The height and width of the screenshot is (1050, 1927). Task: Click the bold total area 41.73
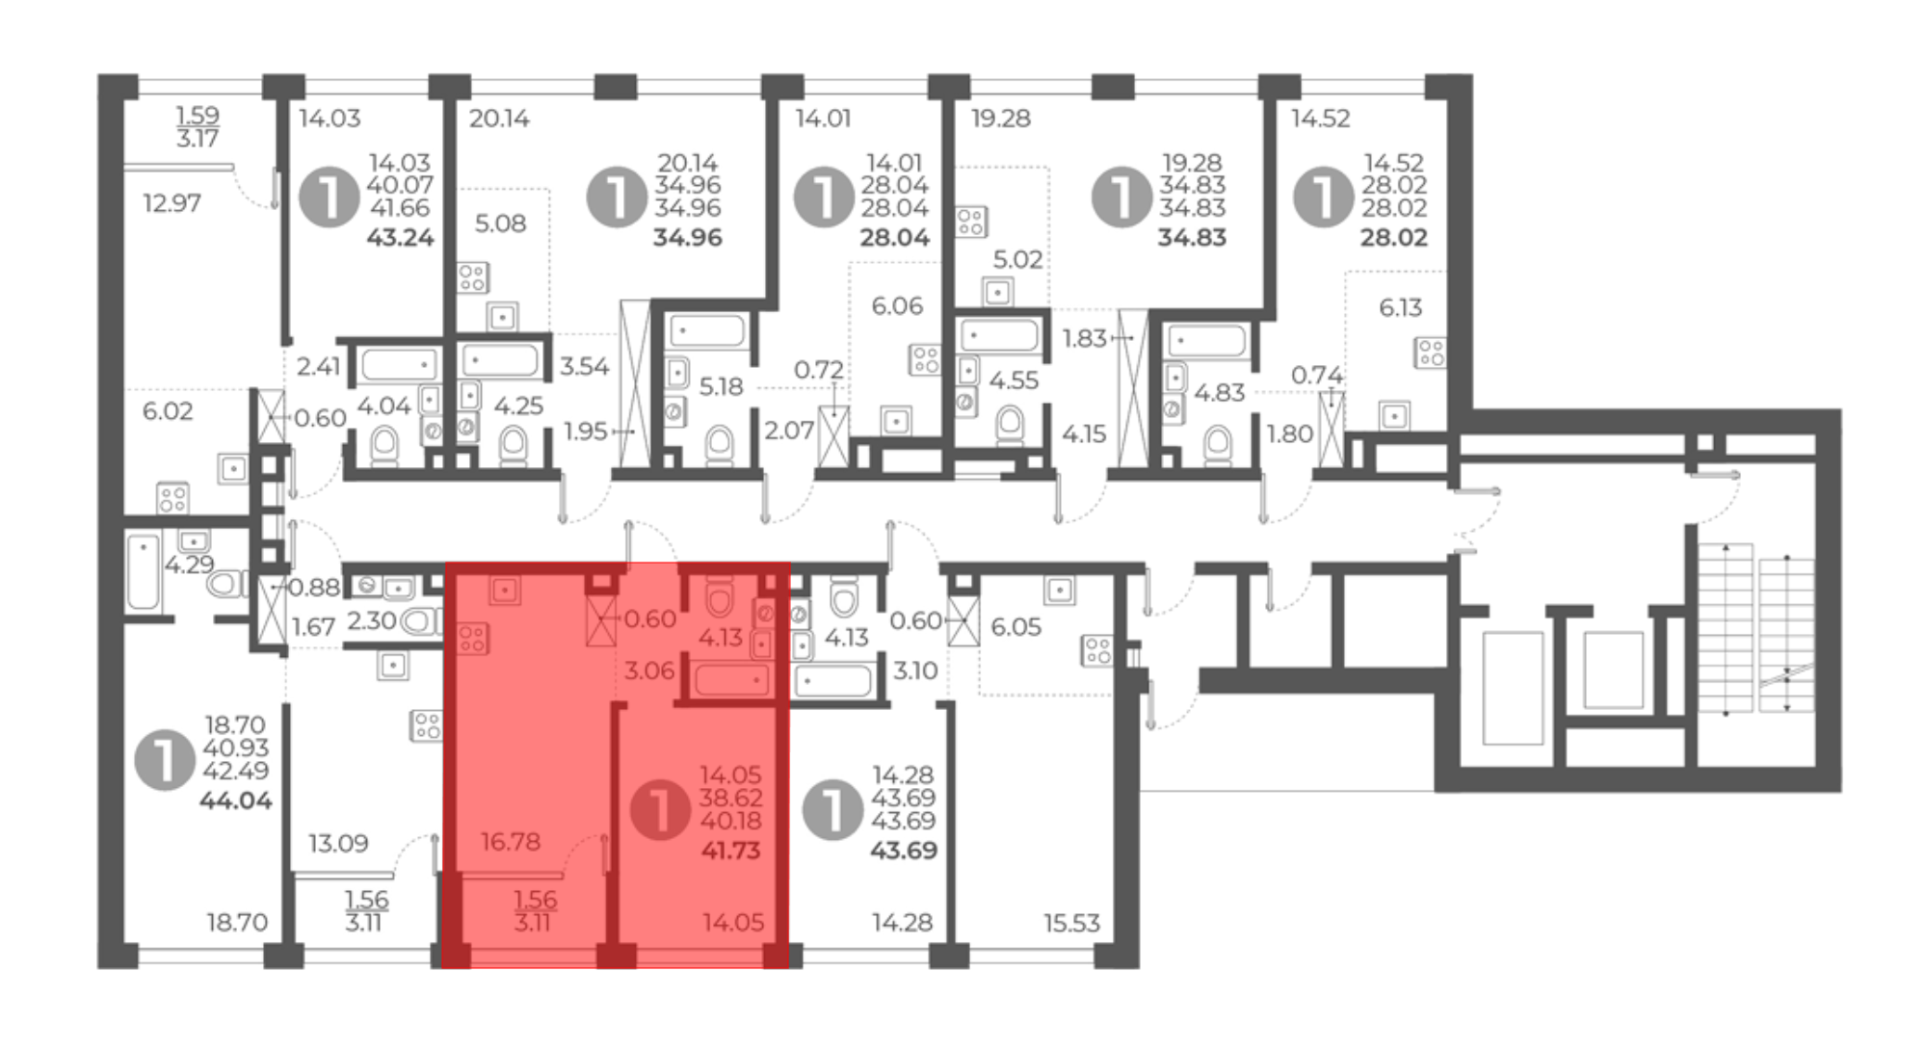click(x=730, y=851)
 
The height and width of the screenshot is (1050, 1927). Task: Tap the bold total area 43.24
click(x=400, y=238)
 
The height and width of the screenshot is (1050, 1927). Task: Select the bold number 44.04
click(x=235, y=801)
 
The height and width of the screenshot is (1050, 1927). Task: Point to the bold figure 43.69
click(x=903, y=851)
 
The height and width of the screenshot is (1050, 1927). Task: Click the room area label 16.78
click(x=511, y=842)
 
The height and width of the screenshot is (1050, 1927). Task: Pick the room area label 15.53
click(x=1071, y=923)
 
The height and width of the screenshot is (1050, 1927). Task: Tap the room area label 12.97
click(x=172, y=203)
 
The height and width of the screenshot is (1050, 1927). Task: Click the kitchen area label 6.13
click(x=1400, y=307)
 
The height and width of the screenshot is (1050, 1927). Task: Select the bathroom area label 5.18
click(x=721, y=386)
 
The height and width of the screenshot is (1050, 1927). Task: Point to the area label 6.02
click(x=168, y=411)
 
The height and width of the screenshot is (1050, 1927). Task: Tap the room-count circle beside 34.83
click(x=1122, y=197)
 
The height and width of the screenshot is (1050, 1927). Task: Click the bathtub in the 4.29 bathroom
click(x=143, y=572)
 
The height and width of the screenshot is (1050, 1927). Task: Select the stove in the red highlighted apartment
click(x=472, y=639)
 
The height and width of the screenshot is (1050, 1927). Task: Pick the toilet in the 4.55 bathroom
click(x=1009, y=425)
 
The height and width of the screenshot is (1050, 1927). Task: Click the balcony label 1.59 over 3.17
click(x=198, y=127)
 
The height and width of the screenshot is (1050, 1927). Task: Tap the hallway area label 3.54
click(x=585, y=366)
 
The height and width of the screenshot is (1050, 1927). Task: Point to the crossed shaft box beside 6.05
click(x=963, y=620)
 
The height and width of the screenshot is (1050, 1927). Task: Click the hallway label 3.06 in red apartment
click(x=649, y=670)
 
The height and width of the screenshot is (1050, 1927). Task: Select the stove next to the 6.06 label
click(x=925, y=360)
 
